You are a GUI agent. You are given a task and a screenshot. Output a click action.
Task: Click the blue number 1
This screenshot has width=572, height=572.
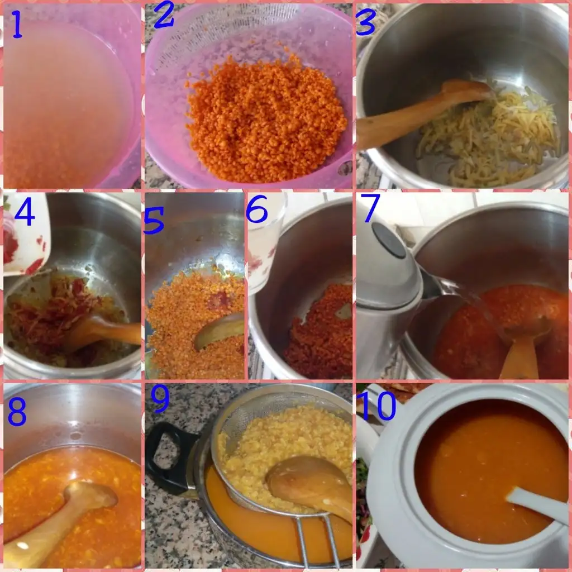click(17, 25)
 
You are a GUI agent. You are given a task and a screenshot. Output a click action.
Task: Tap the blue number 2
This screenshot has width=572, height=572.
click(164, 16)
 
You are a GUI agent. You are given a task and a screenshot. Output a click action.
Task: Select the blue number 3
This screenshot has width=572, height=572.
click(365, 22)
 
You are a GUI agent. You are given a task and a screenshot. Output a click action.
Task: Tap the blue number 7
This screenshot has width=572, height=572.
click(371, 207)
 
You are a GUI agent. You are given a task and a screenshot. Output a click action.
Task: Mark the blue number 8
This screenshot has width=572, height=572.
click(17, 411)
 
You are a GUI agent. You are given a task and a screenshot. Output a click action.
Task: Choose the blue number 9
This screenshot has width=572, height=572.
click(160, 399)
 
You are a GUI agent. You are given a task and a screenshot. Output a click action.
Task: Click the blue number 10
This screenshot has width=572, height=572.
click(377, 406)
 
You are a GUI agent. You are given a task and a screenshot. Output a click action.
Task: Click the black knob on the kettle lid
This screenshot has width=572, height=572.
click(389, 240)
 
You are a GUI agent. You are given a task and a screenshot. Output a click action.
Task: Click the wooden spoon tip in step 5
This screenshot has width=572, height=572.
click(197, 344)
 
